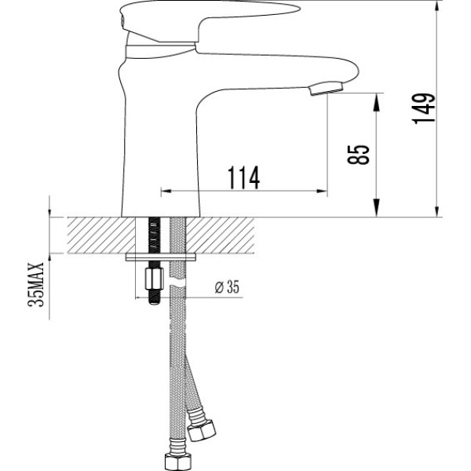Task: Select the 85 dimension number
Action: (x=362, y=153)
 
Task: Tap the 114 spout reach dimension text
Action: (x=244, y=178)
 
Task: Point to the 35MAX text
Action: (x=35, y=288)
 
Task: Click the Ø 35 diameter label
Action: (x=226, y=287)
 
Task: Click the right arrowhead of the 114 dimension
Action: (x=322, y=191)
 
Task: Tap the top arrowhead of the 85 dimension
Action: (x=377, y=99)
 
